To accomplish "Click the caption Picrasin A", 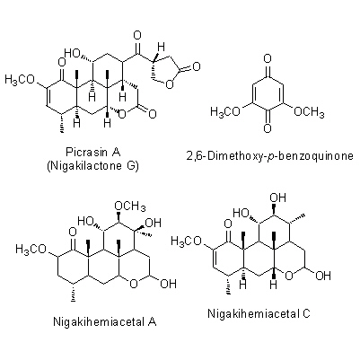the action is (93, 152).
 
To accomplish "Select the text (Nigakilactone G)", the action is (93, 165).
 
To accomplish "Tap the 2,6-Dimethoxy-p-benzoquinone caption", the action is (269, 156).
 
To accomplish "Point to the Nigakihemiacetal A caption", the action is (105, 321).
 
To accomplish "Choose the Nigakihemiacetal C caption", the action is (259, 313).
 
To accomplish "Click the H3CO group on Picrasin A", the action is (19, 80).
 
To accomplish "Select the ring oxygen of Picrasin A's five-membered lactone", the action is (170, 84).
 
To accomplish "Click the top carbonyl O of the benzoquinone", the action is (268, 58).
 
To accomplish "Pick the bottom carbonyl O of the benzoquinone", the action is (268, 128).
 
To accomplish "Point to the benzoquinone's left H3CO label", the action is (225, 112).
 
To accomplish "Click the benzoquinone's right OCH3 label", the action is (309, 112).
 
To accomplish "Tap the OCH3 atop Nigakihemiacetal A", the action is (130, 206).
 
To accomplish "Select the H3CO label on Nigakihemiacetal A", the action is (31, 249).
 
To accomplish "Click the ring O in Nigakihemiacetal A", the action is (134, 283).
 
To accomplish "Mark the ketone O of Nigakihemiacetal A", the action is (73, 232).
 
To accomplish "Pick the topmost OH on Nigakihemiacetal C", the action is (277, 198).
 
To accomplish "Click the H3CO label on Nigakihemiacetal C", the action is (186, 241).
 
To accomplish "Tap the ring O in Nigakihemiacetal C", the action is (289, 275).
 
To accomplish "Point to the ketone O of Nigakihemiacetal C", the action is (228, 224).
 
